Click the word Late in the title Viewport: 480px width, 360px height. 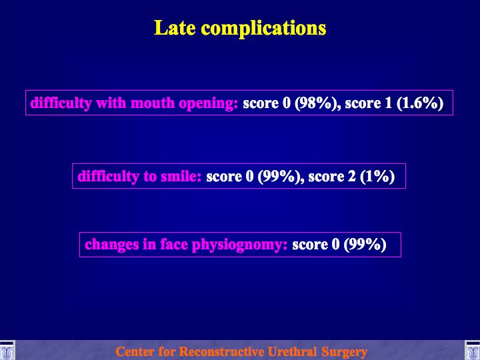[x=175, y=28]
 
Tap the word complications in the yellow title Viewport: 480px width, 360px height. [x=263, y=29]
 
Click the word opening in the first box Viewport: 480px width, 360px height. [x=208, y=104]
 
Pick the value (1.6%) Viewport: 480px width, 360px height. [x=420, y=103]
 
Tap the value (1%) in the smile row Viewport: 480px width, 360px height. [x=377, y=177]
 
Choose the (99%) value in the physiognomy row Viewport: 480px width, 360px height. [x=365, y=245]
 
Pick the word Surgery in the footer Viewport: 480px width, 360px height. [x=345, y=352]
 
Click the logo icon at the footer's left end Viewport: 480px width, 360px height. [x=7, y=350]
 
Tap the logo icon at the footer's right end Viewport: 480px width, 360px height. [x=473, y=350]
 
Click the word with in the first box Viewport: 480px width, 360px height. [x=111, y=103]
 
